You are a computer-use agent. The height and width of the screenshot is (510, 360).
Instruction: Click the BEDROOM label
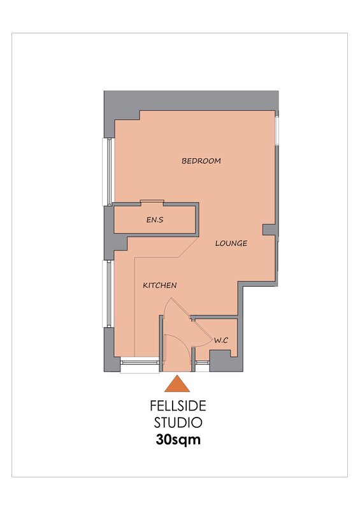pos(201,161)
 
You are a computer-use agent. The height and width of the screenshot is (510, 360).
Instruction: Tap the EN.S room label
pos(155,220)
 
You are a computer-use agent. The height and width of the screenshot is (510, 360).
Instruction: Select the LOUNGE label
pos(231,244)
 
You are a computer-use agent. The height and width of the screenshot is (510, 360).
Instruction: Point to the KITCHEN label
pos(160,285)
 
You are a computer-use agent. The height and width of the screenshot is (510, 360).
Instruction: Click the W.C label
pos(221,340)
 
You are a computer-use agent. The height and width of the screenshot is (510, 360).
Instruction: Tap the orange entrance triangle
pos(177,384)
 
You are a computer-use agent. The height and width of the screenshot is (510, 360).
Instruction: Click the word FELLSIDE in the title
pos(178,406)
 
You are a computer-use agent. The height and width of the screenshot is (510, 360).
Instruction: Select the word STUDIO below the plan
pos(178,423)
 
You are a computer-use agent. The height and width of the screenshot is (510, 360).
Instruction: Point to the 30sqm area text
pos(178,439)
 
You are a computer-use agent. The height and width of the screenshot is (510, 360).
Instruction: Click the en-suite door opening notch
pos(152,202)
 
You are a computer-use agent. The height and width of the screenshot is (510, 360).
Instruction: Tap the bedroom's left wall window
pos(107,171)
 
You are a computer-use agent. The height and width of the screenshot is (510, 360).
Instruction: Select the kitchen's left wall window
pos(107,293)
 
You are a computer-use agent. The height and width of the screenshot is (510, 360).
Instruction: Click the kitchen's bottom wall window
pos(140,365)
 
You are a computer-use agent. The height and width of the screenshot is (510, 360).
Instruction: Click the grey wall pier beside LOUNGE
pos(270,229)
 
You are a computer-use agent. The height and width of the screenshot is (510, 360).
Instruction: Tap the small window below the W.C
pos(202,366)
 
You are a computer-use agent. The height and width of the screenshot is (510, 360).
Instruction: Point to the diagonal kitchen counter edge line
pos(189,248)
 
